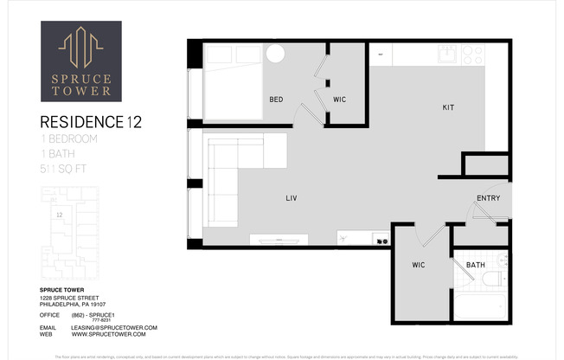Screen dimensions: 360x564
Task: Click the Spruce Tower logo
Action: (81, 61)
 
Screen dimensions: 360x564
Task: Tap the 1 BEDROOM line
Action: (69, 138)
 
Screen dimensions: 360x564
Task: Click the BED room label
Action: (276, 100)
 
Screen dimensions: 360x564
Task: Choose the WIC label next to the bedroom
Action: (340, 100)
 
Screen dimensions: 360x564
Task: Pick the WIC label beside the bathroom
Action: (417, 264)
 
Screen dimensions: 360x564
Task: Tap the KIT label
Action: (448, 108)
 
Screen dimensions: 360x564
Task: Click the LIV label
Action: (292, 198)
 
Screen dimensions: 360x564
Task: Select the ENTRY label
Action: (488, 198)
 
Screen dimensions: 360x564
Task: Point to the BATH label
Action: (476, 265)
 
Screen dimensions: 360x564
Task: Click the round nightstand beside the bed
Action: (275, 54)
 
